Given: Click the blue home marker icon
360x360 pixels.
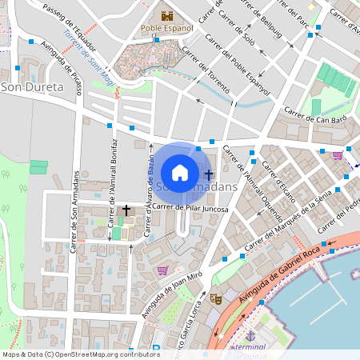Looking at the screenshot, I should point(180,172).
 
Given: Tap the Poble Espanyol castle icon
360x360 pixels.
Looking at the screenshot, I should point(167,15).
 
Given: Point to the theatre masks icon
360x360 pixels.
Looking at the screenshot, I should point(214,298).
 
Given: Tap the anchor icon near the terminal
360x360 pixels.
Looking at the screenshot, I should point(250,337).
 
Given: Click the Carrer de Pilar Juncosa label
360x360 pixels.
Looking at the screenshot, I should point(190,209).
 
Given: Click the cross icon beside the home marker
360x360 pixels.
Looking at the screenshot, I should point(209,174).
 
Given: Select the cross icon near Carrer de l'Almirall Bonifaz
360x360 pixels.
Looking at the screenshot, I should point(126,210).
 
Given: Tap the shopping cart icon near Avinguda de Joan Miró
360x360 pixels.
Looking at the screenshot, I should point(164,270).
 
